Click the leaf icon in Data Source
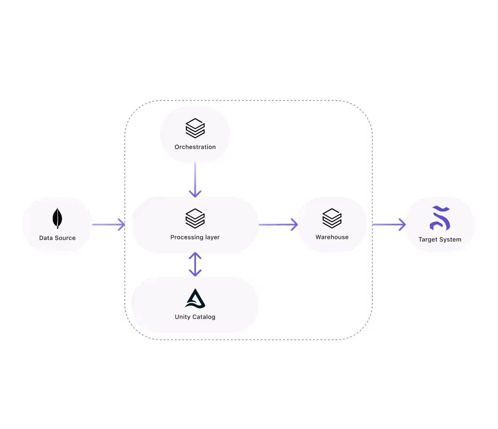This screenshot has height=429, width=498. [57, 218]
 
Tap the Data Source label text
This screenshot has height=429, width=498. [57, 238]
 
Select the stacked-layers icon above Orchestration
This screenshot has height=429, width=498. [195, 128]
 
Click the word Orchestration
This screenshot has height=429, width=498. [195, 147]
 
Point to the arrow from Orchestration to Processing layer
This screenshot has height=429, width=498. [195, 180]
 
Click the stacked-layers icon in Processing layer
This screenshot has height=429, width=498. [195, 218]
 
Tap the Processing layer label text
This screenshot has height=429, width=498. [195, 237]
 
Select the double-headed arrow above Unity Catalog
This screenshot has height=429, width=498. [195, 265]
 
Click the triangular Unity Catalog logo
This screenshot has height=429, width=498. [195, 299]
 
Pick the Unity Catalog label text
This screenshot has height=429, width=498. [195, 317]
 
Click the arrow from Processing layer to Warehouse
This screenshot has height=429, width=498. [278, 225]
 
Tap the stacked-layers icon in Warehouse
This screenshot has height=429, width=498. [332, 218]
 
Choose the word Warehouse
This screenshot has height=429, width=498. [332, 237]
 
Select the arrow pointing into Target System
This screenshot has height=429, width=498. [389, 225]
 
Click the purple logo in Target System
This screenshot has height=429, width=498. [440, 218]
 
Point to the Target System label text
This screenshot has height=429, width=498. [440, 240]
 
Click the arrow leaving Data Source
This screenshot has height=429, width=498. [108, 225]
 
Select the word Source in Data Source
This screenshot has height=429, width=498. [65, 238]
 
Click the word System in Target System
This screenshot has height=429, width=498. [450, 240]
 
